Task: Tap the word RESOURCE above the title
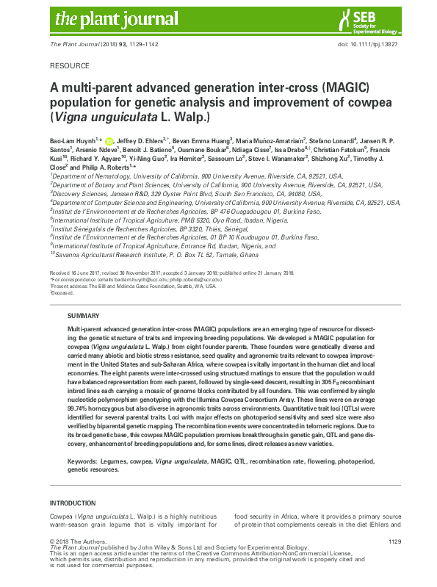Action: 70,65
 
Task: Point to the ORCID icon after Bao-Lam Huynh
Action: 109,140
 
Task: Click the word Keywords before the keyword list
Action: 84,459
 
